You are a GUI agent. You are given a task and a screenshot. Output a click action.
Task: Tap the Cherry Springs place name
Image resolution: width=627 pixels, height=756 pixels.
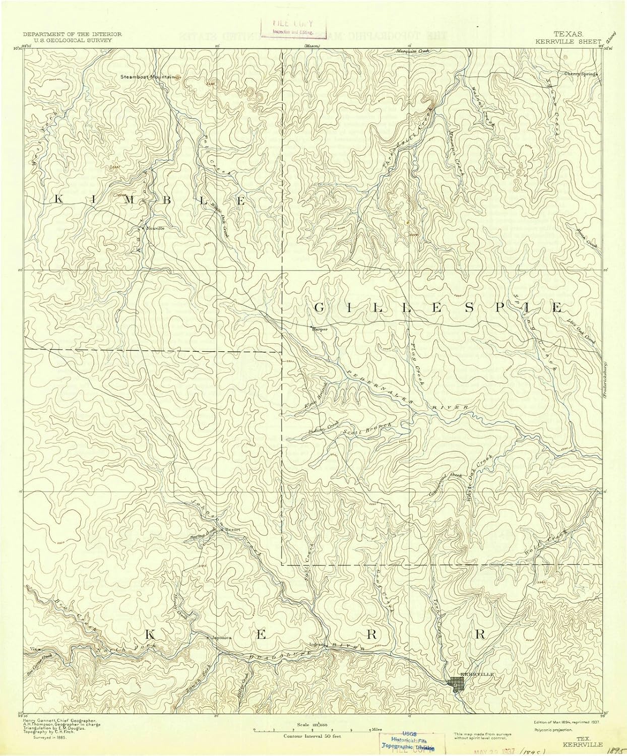point(580,74)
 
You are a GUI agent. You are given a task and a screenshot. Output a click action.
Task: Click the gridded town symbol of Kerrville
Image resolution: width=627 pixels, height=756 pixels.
point(457,684)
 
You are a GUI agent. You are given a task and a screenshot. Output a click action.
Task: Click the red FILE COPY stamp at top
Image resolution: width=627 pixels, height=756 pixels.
point(292,26)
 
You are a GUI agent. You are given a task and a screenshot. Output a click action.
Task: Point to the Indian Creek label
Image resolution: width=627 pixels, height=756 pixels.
point(323,428)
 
